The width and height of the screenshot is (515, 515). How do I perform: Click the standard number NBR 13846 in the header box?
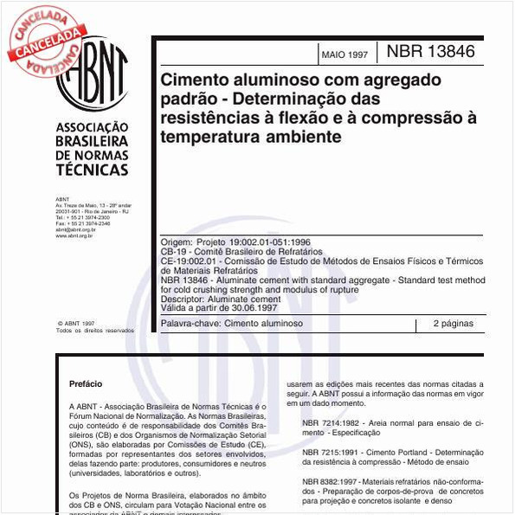point(430,52)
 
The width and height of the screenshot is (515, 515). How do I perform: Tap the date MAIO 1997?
point(344,55)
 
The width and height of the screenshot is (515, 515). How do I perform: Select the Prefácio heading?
point(86,383)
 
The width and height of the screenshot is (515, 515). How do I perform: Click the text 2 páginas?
point(453,324)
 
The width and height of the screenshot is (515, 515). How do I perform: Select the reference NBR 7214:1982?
point(334,422)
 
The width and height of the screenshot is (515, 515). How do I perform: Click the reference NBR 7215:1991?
point(334,453)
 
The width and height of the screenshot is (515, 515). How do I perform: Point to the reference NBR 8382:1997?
point(334,480)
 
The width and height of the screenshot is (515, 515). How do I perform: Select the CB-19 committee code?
point(175,251)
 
